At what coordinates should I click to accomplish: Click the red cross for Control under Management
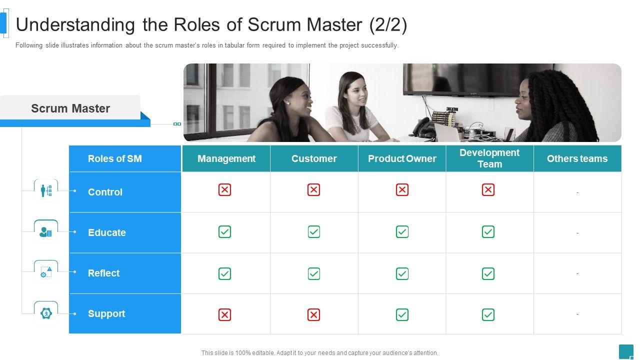click(x=225, y=190)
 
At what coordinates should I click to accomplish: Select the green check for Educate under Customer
click(x=314, y=232)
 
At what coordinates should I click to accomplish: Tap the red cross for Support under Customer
click(x=314, y=314)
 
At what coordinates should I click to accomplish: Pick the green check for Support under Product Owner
click(x=402, y=314)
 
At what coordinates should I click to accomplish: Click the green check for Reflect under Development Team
click(x=488, y=273)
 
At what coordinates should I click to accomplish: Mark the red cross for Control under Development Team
click(x=488, y=190)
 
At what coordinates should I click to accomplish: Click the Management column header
click(x=226, y=158)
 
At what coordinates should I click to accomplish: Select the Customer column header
click(x=314, y=158)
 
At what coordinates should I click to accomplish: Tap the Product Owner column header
click(x=402, y=158)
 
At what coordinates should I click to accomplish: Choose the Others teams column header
click(x=577, y=158)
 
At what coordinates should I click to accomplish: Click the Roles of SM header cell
click(x=115, y=158)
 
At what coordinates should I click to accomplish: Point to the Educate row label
click(x=107, y=232)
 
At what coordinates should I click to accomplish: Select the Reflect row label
click(x=104, y=273)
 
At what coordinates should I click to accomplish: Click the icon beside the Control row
click(x=46, y=190)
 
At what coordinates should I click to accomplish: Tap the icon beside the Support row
click(x=46, y=313)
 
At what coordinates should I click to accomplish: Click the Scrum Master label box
click(x=70, y=108)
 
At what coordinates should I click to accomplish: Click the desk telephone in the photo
click(x=426, y=128)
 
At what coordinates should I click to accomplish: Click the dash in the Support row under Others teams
click(x=577, y=314)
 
